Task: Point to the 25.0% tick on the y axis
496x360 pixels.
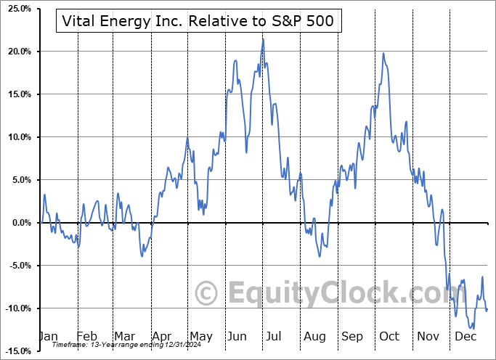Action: coord(17,9)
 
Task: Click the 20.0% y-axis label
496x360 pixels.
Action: coord(17,52)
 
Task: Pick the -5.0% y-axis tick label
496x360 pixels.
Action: coord(17,266)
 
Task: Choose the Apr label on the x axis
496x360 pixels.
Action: coord(163,337)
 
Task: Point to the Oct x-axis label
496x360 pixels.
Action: coord(389,337)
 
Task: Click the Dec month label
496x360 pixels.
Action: coord(466,337)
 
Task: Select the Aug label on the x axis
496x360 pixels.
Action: coord(314,337)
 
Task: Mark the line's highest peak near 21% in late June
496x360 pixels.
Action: coord(263,39)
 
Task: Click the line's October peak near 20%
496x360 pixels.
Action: coord(383,53)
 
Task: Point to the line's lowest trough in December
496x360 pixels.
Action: coord(473,328)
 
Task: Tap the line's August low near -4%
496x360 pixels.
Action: coord(320,256)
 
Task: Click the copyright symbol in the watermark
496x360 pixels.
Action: coord(207,293)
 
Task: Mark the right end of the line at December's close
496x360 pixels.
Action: coord(487,310)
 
